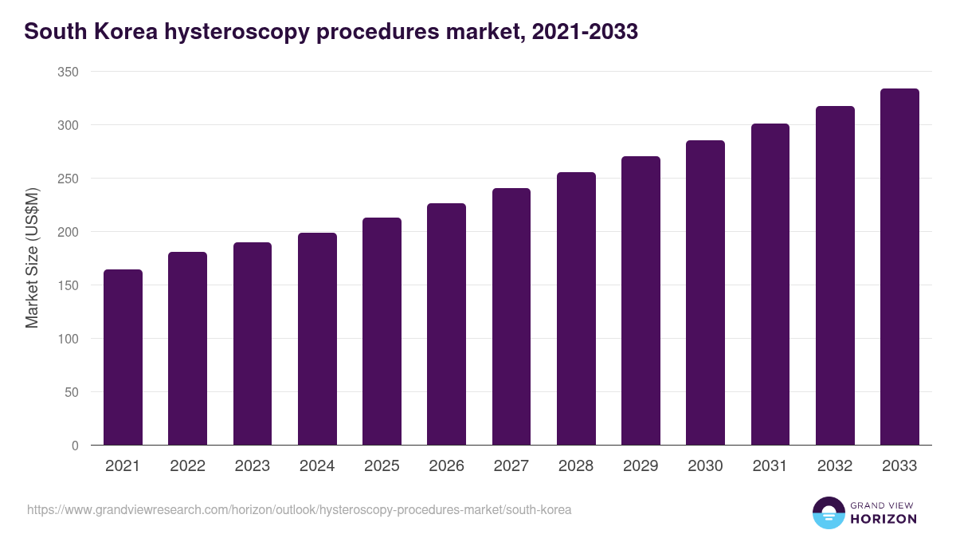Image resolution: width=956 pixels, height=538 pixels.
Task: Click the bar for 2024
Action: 317,339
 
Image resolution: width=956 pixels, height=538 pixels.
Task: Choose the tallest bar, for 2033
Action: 899,267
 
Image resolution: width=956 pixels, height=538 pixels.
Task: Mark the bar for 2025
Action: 382,331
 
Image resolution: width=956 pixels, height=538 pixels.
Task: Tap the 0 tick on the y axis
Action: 75,446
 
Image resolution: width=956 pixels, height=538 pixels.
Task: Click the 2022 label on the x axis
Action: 187,466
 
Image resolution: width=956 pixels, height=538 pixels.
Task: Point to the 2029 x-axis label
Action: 641,466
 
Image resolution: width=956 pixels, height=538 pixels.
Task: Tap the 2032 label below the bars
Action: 835,466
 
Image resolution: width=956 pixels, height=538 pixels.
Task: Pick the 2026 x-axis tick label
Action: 446,466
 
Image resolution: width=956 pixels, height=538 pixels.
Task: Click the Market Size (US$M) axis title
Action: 32,258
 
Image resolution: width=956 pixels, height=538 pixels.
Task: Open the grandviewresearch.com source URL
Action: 299,509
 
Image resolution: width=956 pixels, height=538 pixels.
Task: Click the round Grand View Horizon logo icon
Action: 828,512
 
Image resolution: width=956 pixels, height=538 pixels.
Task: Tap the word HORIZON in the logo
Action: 883,519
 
